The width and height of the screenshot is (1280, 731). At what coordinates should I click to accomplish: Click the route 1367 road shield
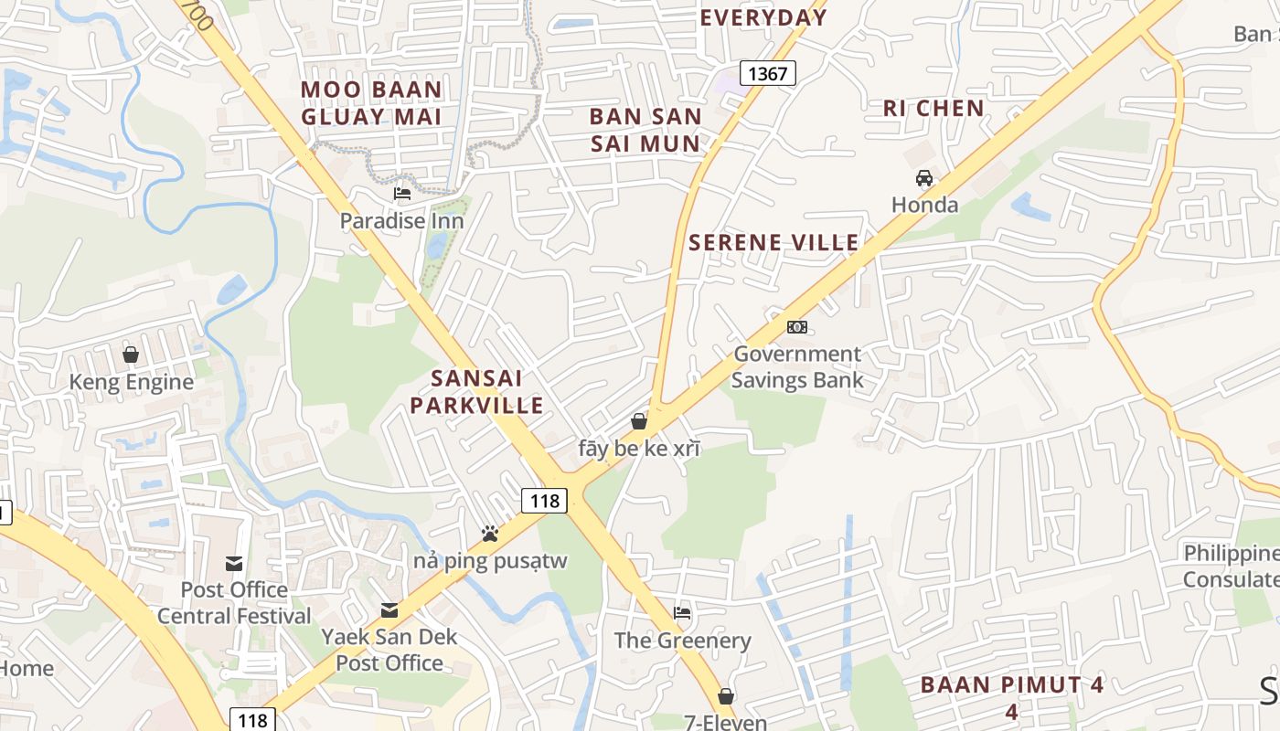(767, 73)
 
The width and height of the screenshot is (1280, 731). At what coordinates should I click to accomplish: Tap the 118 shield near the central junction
(545, 500)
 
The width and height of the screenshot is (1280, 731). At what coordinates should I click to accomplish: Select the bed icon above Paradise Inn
(401, 194)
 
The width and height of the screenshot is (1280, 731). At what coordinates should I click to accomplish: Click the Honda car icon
(924, 178)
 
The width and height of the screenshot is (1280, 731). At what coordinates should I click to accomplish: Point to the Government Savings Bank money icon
(797, 327)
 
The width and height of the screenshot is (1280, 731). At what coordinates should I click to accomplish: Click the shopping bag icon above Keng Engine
(131, 355)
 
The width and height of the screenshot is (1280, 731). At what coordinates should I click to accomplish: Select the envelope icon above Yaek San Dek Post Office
(389, 609)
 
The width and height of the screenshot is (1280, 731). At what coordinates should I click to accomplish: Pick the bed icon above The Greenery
(682, 612)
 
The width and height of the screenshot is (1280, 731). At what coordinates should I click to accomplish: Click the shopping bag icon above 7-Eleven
(726, 696)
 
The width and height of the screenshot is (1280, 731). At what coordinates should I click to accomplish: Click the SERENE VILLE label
(773, 242)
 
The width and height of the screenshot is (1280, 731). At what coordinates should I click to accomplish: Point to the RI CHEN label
(933, 108)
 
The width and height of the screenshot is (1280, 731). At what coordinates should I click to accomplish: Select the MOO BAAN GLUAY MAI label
(371, 102)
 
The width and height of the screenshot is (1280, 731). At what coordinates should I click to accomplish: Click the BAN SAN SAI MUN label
(645, 130)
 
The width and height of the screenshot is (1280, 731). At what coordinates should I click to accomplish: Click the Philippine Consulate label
(1231, 566)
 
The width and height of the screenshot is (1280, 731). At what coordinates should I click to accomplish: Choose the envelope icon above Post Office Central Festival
(234, 563)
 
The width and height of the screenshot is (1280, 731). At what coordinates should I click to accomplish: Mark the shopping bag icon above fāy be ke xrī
(639, 421)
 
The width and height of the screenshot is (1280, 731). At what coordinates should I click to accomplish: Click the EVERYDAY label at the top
(763, 17)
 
